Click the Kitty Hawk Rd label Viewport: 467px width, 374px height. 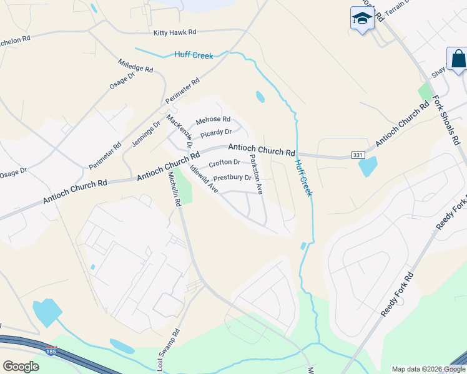tap(175, 32)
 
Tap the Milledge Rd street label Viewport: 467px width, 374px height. tap(135, 66)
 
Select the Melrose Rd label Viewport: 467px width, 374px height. tap(213, 120)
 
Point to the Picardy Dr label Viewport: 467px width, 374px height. tap(216, 133)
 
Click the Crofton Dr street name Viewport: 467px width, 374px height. tap(225, 163)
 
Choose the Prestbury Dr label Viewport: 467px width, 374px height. tap(232, 178)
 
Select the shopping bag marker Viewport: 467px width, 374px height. tap(458, 60)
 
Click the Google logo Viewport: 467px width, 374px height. tap(21, 366)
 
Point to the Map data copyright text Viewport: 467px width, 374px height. tap(428, 369)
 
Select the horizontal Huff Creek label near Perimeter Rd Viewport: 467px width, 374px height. tap(195, 55)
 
